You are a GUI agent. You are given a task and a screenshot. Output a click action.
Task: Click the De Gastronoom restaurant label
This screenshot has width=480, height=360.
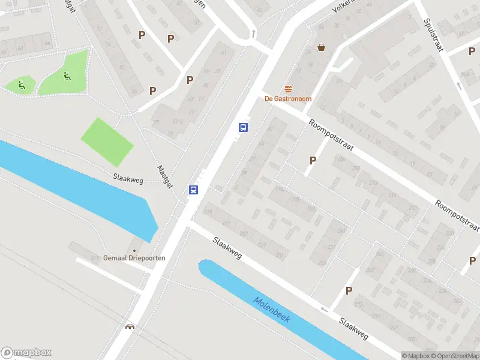[x=289, y=98]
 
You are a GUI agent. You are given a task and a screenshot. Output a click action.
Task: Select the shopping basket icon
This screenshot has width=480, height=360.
[x=322, y=47]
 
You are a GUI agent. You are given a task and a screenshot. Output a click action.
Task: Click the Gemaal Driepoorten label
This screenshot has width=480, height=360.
[x=134, y=258]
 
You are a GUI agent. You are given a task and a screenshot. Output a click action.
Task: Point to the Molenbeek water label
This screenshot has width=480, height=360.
[x=272, y=310]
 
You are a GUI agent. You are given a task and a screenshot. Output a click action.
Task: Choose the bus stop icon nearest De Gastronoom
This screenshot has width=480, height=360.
[x=243, y=127]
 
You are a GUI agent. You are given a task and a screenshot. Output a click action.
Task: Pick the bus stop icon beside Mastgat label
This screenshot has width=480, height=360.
[x=194, y=190]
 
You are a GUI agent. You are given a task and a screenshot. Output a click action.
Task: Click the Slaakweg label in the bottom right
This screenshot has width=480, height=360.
[x=353, y=328]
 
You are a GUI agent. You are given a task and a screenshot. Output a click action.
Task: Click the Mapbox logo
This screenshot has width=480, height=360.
[x=26, y=353]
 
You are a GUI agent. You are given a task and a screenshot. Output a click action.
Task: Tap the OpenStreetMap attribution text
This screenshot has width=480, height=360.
[x=455, y=356]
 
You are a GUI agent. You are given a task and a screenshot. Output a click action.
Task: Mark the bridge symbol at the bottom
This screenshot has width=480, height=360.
[x=129, y=327]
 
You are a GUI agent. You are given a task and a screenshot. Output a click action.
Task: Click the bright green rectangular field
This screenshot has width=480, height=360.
[x=107, y=142]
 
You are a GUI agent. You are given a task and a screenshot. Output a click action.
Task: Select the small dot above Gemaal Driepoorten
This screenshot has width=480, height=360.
[x=134, y=250]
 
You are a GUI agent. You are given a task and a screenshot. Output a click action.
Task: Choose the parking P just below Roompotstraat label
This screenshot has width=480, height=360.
[x=313, y=160]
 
